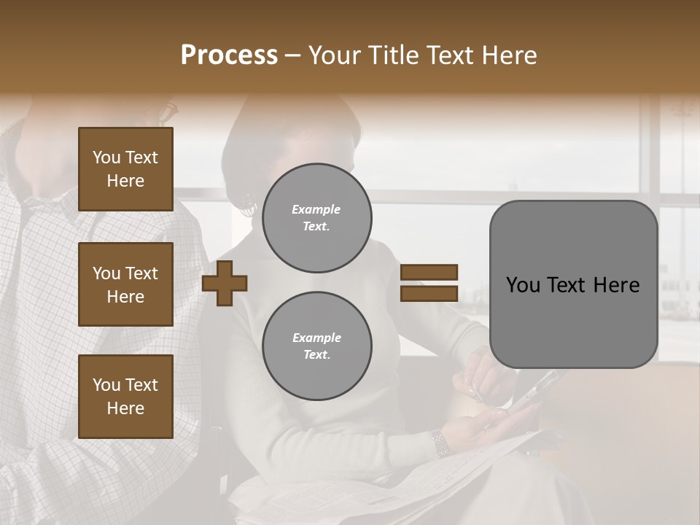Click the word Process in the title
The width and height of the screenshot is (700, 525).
[229, 55]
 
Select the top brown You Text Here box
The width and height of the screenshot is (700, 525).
[125, 169]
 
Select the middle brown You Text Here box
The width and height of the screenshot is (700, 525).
[125, 284]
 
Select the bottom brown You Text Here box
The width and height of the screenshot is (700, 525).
[125, 396]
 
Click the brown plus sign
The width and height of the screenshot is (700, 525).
[225, 283]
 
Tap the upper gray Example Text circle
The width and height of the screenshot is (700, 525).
[316, 218]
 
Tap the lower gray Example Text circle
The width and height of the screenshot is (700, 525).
[316, 346]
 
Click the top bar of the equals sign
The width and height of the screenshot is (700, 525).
[429, 273]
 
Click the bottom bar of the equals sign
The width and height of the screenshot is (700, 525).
[429, 293]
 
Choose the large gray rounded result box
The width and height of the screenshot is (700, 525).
[573, 284]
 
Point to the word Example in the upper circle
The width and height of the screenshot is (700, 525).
[316, 209]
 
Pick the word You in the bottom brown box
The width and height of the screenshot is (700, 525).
[106, 385]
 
